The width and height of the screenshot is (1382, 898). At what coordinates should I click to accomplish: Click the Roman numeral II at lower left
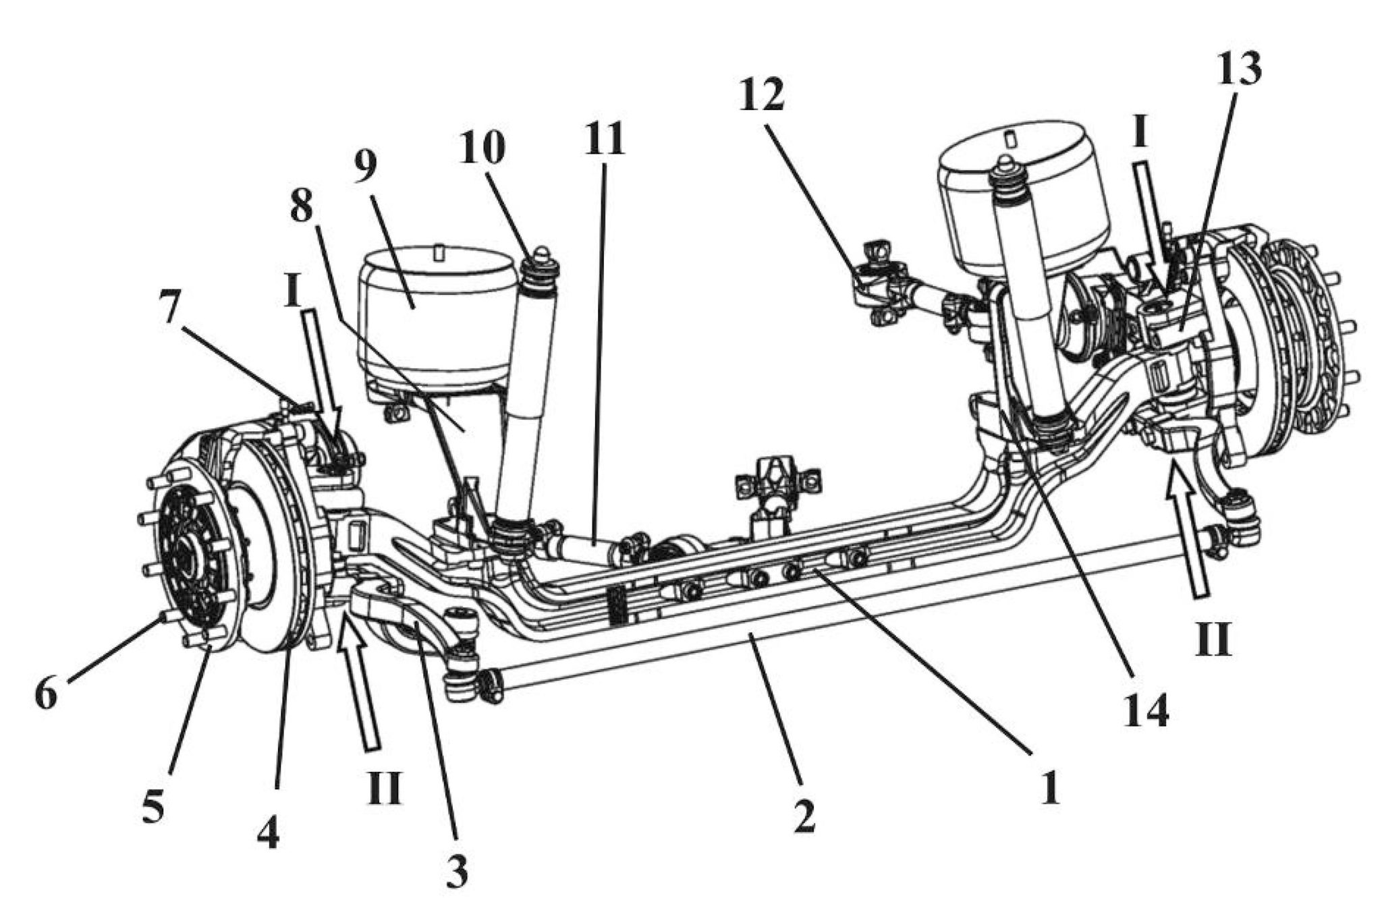pos(383,787)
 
